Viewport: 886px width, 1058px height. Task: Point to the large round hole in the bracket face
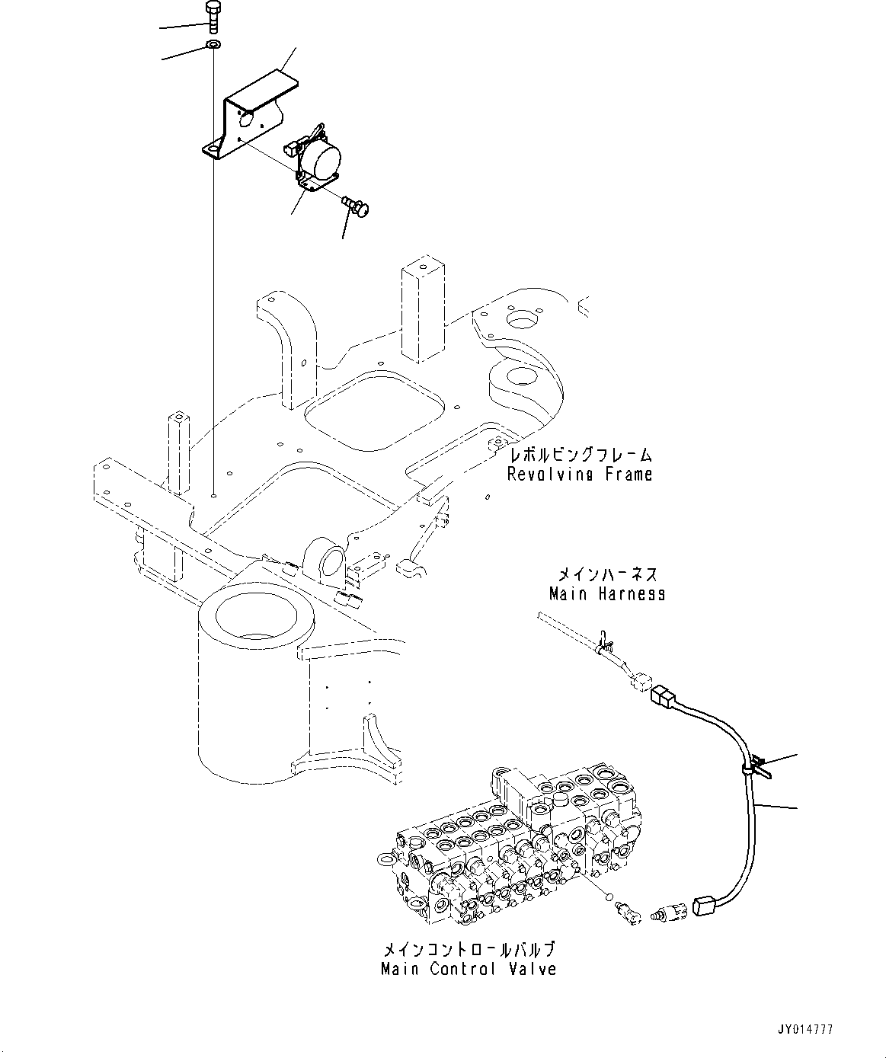[x=246, y=119]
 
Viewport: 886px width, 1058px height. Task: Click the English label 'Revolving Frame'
[x=580, y=475]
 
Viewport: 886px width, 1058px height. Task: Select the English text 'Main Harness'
[x=607, y=593]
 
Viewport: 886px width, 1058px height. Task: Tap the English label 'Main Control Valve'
[x=469, y=970]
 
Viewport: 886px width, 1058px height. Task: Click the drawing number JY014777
[x=804, y=1030]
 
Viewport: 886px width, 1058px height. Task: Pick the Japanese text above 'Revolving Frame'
[x=581, y=455]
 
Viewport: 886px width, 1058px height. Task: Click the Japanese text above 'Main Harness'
[x=607, y=574]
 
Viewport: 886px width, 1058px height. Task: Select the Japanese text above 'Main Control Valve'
[x=469, y=951]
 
